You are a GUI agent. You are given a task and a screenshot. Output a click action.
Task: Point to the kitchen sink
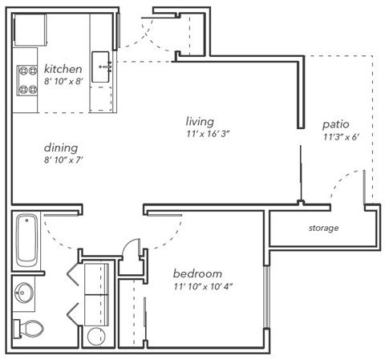click(103, 67)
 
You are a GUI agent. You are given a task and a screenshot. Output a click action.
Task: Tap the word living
click(199, 121)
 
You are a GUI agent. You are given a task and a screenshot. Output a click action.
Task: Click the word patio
click(334, 124)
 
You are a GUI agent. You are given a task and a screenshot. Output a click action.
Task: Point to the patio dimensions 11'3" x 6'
click(339, 137)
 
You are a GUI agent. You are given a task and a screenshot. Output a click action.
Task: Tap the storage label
click(323, 229)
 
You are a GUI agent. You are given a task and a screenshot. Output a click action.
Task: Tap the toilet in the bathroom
click(30, 327)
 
